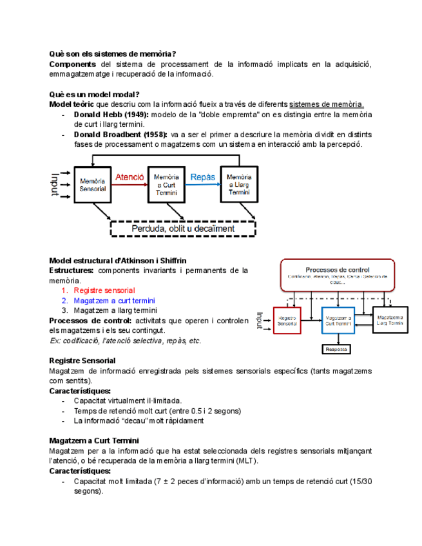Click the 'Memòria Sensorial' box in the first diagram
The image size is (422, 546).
click(93, 185)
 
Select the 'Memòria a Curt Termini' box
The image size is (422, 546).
click(166, 185)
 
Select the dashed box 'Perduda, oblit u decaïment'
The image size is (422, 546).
click(182, 228)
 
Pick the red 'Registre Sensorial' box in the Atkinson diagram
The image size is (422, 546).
click(285, 320)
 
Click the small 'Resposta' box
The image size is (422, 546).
click(337, 350)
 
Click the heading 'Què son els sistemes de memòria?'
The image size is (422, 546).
click(113, 53)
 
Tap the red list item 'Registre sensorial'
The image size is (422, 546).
click(104, 290)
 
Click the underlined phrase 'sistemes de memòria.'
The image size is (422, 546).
click(327, 104)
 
